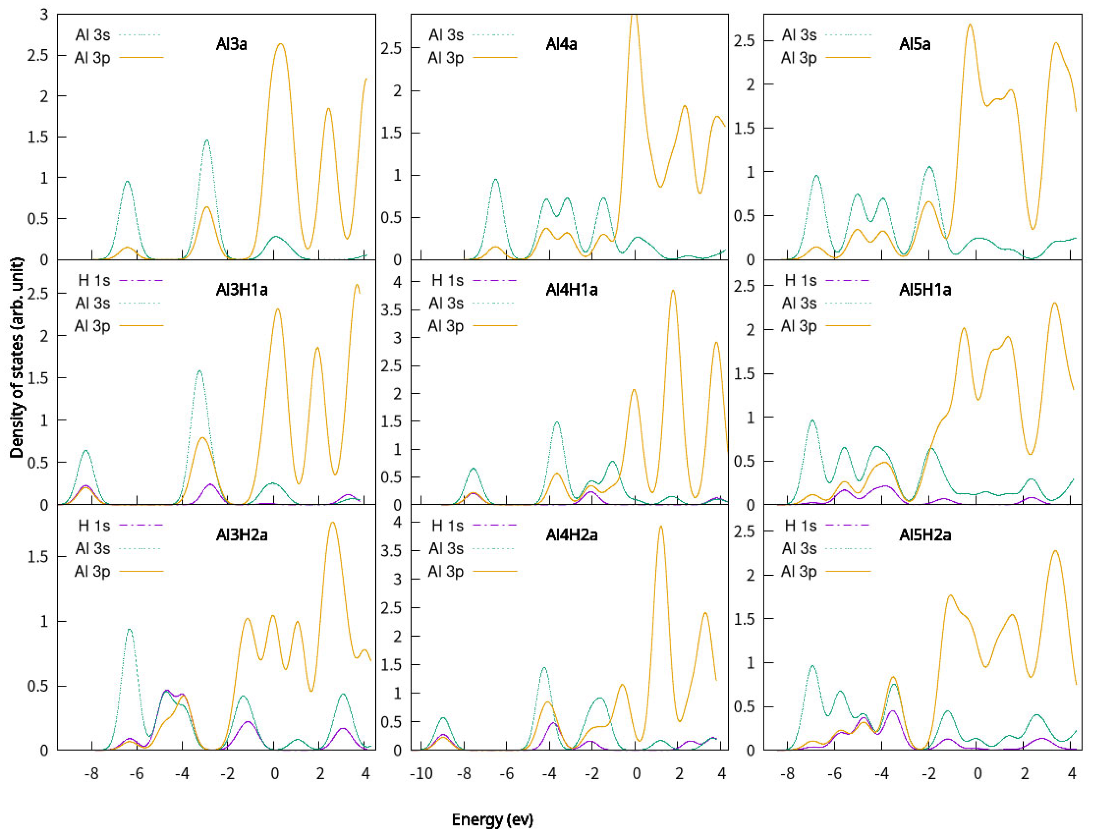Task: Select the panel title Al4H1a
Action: coord(571,290)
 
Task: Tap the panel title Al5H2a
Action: coord(925,535)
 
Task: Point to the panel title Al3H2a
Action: coord(242,535)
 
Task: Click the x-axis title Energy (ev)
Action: coord(492,819)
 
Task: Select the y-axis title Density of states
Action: coord(17,357)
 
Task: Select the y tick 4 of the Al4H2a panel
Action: coord(398,522)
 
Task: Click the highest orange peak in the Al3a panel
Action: coord(280,44)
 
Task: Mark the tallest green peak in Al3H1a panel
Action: coord(199,371)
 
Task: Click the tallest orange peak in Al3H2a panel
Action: coord(333,522)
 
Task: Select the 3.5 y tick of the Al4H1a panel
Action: coord(392,310)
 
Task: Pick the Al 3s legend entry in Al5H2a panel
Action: coord(799,548)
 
